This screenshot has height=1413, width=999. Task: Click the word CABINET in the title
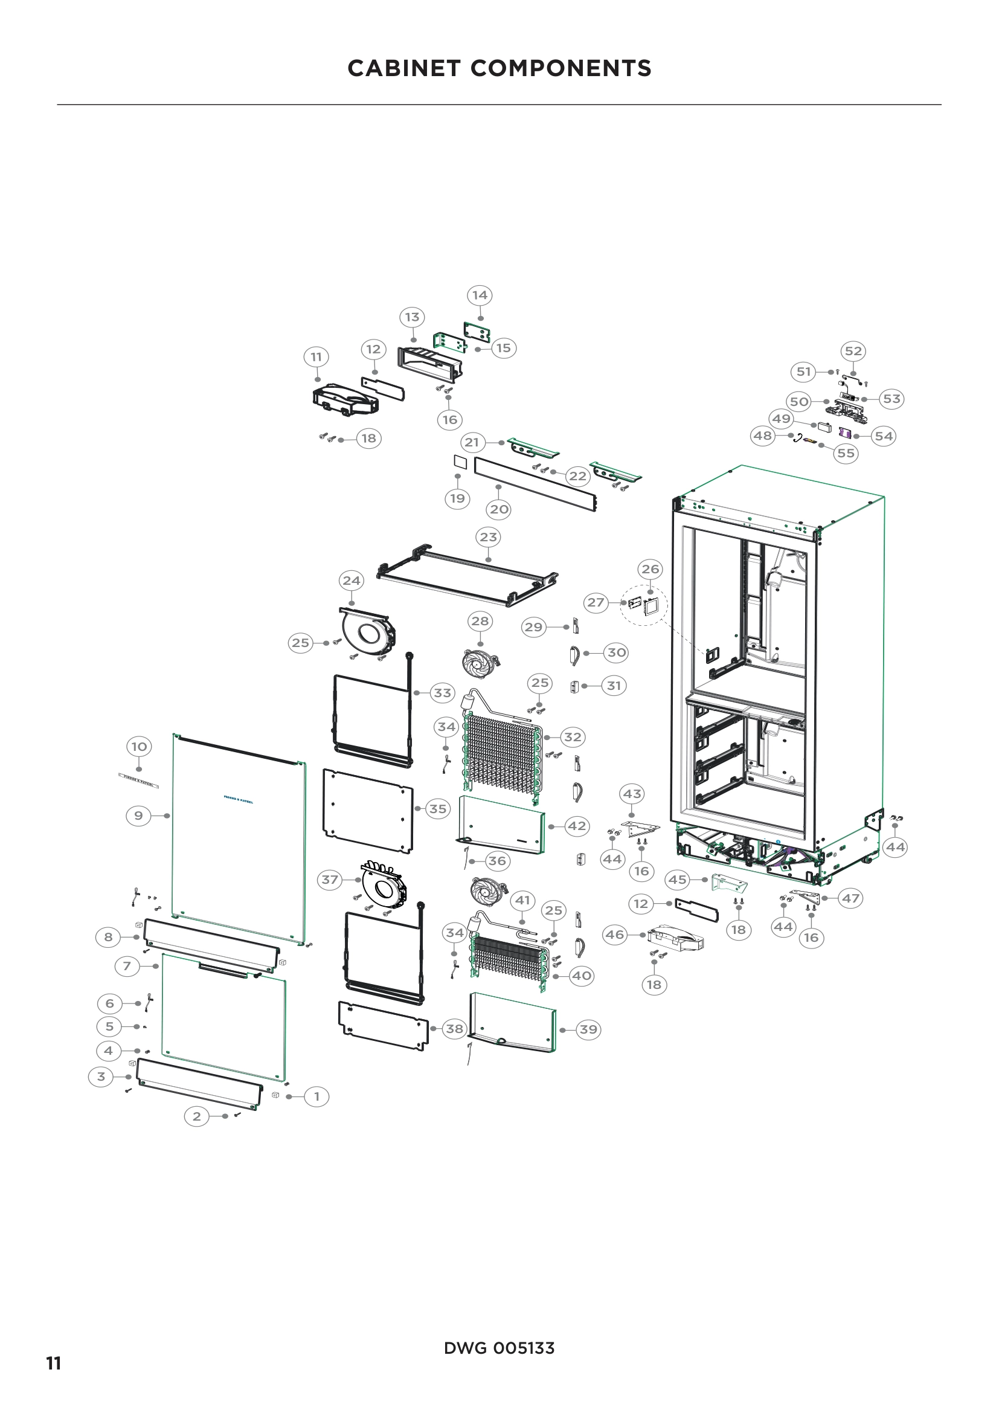pos(403,68)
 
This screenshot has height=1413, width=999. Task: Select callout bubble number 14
pos(480,295)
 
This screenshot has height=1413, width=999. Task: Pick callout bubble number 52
pos(853,351)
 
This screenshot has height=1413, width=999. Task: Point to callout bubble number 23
pos(488,537)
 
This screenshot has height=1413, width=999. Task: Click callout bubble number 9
pos(138,816)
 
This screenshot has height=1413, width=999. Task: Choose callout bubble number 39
pos(588,1029)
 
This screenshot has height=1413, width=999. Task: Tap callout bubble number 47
pos(850,898)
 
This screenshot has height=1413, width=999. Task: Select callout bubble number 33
pos(442,693)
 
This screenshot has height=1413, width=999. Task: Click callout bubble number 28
pos(480,622)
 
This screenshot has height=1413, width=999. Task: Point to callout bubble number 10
pos(139,747)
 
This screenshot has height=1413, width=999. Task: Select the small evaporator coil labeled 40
pos(509,954)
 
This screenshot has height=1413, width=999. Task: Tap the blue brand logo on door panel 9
pos(238,800)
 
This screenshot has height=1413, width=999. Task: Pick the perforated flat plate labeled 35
pos(368,811)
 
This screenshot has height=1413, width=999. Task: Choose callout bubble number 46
pos(614,935)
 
